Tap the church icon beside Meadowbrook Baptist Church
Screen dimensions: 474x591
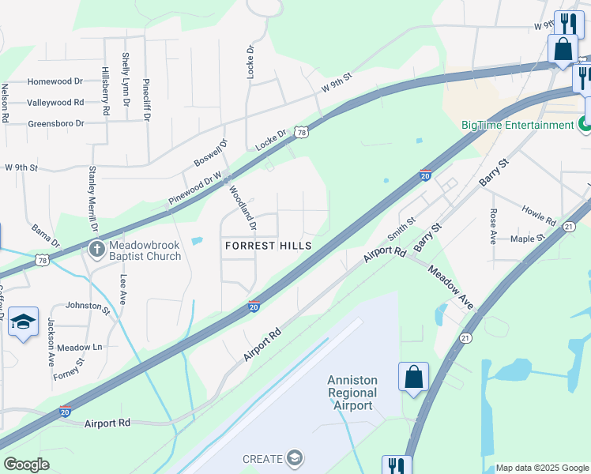click(x=96, y=250)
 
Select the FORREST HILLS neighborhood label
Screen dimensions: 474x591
click(x=268, y=246)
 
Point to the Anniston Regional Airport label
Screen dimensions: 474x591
click(x=352, y=393)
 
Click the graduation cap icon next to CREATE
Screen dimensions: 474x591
click(x=295, y=458)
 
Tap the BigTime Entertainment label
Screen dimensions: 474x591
click(x=518, y=125)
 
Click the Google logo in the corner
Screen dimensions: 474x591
click(x=26, y=465)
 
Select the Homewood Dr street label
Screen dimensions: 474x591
click(x=55, y=81)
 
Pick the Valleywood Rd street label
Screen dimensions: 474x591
click(x=55, y=103)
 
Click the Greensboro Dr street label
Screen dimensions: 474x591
click(x=55, y=124)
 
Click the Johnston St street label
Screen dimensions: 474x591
click(x=88, y=305)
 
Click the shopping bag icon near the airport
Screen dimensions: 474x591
click(x=414, y=377)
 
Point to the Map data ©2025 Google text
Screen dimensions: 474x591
click(x=542, y=468)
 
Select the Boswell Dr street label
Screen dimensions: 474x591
click(x=210, y=153)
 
